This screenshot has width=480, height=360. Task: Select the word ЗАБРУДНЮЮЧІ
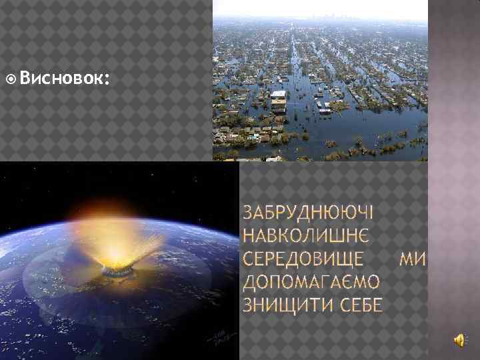pos(308,213)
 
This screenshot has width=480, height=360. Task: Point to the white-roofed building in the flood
pos(279,98)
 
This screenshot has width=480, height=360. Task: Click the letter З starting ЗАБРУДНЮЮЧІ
pos(249,213)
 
